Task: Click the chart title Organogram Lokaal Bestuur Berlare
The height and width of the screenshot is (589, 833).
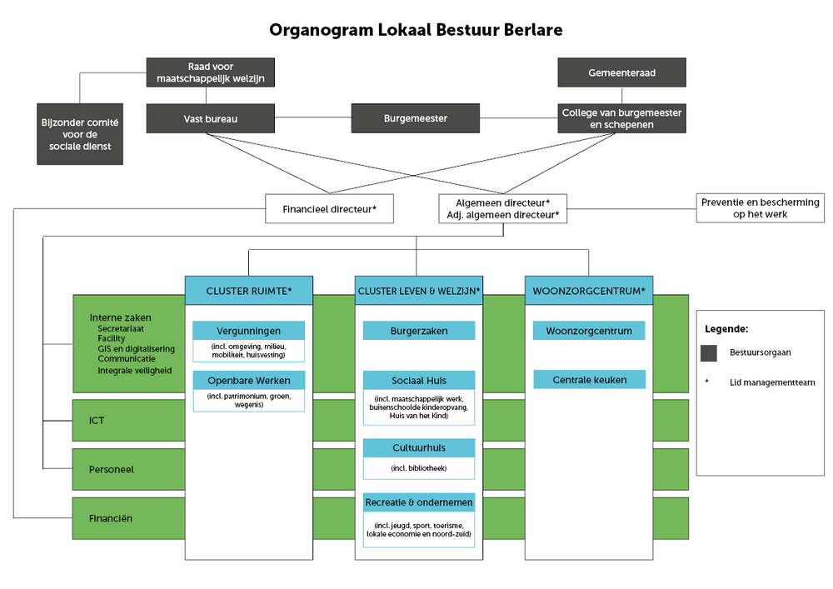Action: [416, 30]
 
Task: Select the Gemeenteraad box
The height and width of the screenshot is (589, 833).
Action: [621, 72]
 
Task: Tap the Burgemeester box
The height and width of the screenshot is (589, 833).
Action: [415, 118]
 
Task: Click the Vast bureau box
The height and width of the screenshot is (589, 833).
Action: [210, 118]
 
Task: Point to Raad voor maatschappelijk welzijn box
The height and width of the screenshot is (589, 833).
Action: [210, 72]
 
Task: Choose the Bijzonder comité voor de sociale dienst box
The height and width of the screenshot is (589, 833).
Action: [80, 133]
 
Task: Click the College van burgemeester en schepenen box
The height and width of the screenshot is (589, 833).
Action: [621, 118]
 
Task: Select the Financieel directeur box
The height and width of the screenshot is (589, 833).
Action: [329, 209]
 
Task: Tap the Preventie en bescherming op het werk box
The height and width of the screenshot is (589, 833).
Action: [760, 208]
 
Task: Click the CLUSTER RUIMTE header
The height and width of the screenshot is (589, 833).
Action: [248, 291]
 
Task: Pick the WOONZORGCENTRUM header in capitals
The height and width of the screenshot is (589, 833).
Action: [589, 291]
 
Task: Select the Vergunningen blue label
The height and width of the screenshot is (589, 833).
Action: [248, 331]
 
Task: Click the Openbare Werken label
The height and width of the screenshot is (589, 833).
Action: [248, 381]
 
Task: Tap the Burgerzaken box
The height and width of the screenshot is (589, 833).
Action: [419, 331]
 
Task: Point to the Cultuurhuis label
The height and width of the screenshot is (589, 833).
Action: [419, 447]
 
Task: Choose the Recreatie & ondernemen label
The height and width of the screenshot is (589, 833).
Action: [419, 502]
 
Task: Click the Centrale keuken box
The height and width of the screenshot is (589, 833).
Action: [589, 380]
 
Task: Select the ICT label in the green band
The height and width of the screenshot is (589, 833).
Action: [97, 420]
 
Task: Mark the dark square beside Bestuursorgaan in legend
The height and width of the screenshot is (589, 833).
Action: [709, 352]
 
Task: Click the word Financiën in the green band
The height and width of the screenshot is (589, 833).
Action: [112, 518]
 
